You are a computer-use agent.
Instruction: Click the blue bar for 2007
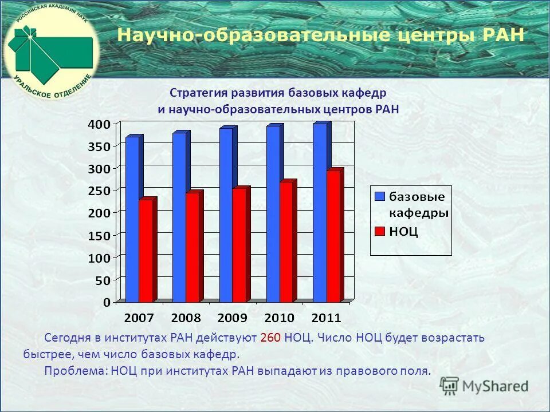132,220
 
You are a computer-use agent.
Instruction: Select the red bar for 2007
147,251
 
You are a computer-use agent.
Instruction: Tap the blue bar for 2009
226,215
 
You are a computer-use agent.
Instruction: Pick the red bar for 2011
334,236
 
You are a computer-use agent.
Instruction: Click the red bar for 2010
287,242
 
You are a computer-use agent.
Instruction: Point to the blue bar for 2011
320,213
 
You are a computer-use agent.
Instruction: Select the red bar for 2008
193,247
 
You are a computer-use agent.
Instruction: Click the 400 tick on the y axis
99,124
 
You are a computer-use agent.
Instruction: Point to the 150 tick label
99,235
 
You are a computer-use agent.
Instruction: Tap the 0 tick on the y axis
107,302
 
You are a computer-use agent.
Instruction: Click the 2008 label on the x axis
186,318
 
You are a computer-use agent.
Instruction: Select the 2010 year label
279,318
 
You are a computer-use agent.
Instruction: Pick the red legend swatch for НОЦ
379,231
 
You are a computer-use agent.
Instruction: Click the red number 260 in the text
270,338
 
